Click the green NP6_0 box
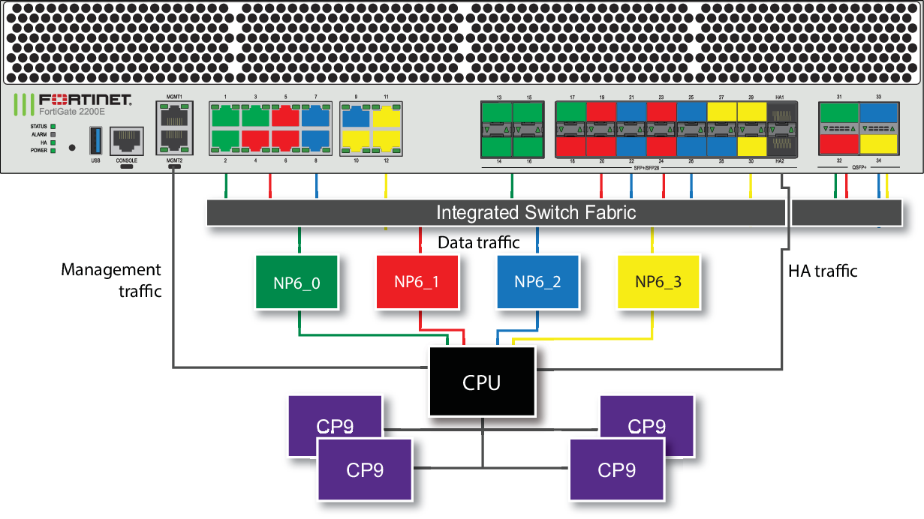[x=297, y=282]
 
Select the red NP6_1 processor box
[x=417, y=282]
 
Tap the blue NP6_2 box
[x=537, y=282]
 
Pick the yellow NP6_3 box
[x=658, y=282]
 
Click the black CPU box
[x=482, y=382]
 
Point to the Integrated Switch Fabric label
[x=536, y=212]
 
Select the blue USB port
[x=95, y=141]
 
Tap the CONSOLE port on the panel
[x=126, y=141]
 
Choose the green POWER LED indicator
[x=53, y=150]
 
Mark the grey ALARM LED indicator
[x=53, y=134]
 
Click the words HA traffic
[x=822, y=270]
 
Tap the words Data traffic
[x=478, y=242]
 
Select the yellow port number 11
[x=386, y=116]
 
